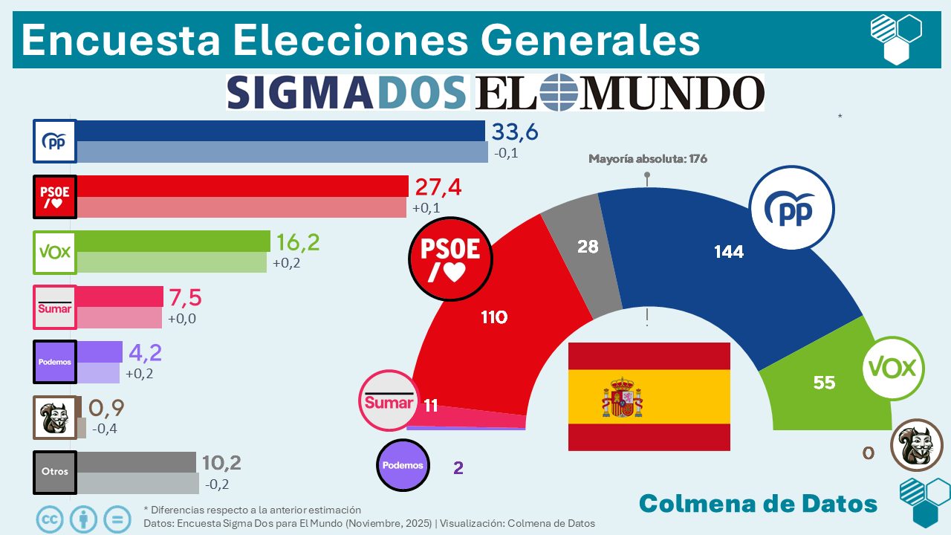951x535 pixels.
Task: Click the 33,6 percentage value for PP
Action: coord(515,132)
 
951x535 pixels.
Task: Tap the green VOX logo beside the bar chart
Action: coord(55,252)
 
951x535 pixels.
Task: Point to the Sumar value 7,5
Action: coord(185,297)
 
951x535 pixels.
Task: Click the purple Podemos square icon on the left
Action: coord(55,362)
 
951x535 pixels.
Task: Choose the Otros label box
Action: coord(55,473)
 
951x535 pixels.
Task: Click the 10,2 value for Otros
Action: coord(221,463)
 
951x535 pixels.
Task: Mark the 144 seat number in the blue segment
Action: coord(729,252)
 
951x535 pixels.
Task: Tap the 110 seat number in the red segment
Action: coord(494,317)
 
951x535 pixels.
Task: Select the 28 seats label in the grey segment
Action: coord(588,246)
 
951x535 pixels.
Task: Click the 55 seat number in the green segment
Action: coord(824,383)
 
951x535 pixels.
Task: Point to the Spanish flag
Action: coord(649,396)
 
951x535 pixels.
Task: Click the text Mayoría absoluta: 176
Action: coord(647,158)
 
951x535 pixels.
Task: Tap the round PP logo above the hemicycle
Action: coord(792,209)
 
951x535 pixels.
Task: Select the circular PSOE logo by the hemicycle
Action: coord(450,259)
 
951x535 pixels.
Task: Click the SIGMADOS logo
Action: coord(347,92)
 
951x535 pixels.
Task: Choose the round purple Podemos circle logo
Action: coord(403,465)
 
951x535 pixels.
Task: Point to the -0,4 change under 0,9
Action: coord(104,428)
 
